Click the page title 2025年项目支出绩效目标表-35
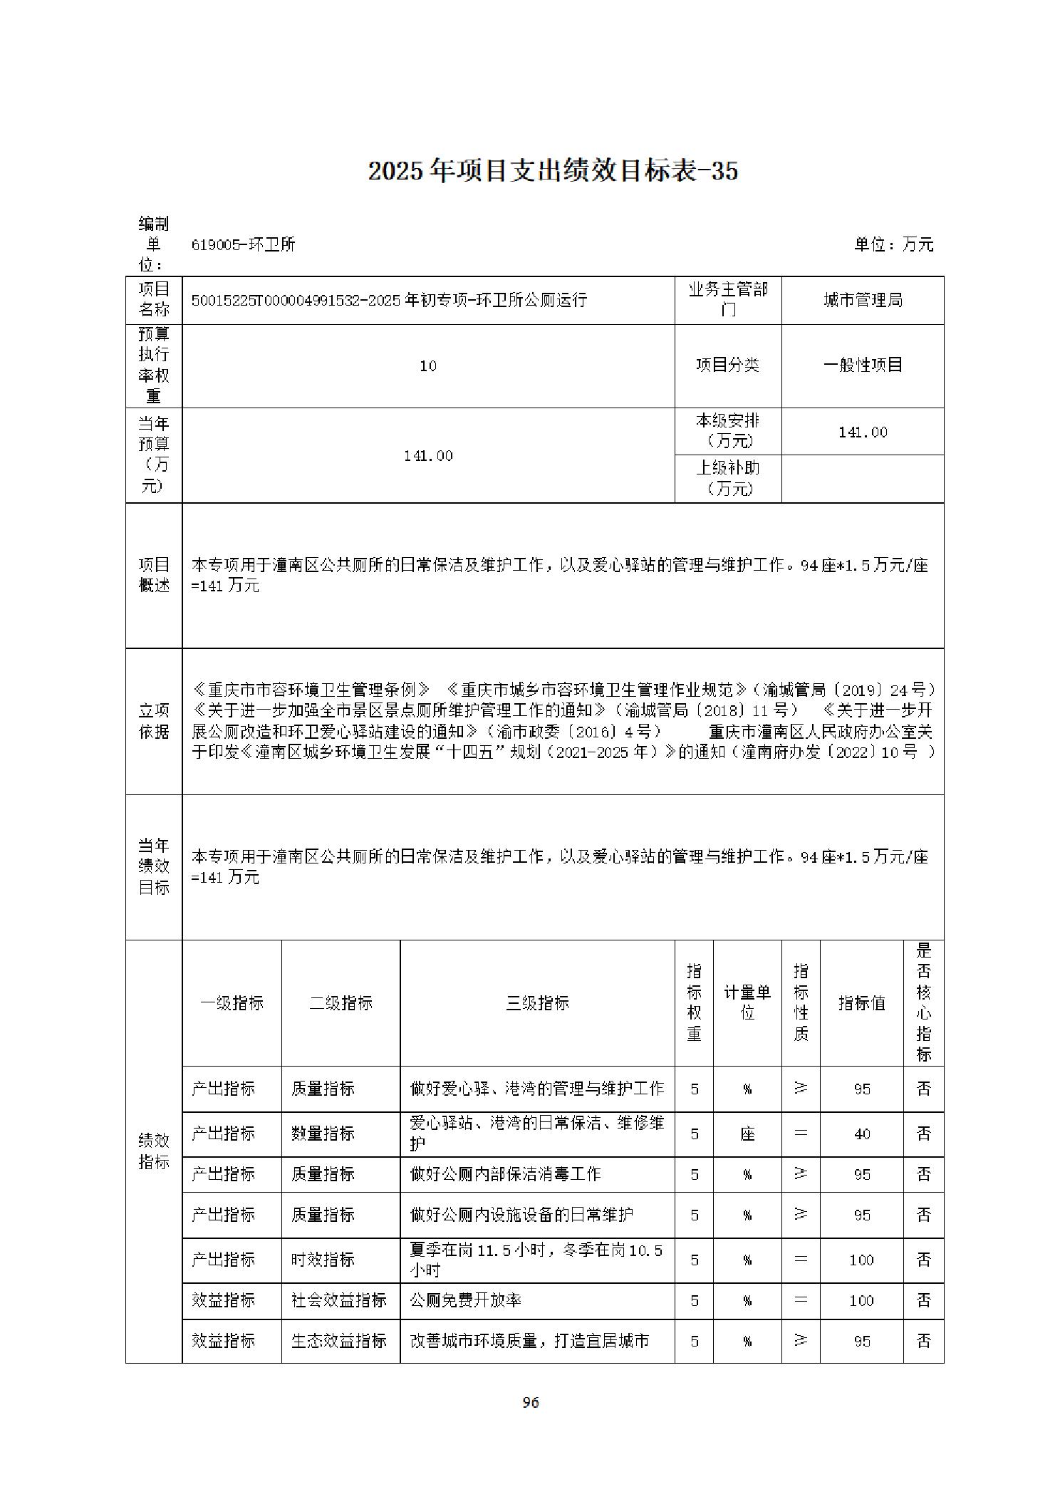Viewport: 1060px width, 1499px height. click(x=552, y=171)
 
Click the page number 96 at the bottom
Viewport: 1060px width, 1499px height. click(x=530, y=1402)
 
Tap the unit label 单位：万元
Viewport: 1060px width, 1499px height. click(x=893, y=244)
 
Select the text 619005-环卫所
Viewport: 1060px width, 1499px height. click(x=243, y=244)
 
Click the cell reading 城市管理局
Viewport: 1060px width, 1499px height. click(x=862, y=300)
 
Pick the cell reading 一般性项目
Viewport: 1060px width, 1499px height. click(x=862, y=365)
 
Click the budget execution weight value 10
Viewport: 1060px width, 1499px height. click(x=427, y=365)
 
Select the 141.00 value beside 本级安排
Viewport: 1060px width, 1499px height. click(x=862, y=432)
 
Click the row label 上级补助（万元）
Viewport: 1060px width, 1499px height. click(x=727, y=477)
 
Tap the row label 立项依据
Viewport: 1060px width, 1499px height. click(x=154, y=720)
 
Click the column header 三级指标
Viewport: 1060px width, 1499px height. click(x=537, y=1002)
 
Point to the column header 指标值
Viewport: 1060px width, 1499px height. click(x=861, y=1002)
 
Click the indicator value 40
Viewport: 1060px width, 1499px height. click(x=861, y=1134)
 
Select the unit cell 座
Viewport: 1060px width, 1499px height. click(x=747, y=1134)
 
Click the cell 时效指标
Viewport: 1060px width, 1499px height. click(x=323, y=1260)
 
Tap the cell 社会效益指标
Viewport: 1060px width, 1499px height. click(x=339, y=1300)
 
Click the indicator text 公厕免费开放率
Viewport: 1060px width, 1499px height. click(x=465, y=1300)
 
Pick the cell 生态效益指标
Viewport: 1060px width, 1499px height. click(x=339, y=1341)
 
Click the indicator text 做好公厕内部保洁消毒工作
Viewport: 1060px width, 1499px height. click(x=505, y=1174)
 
